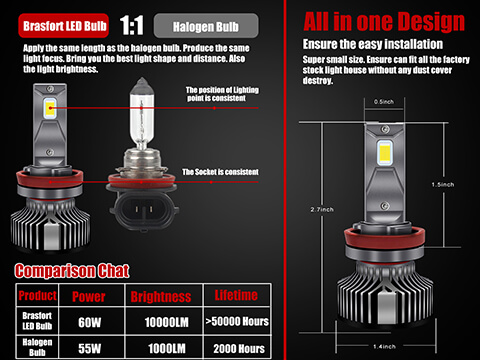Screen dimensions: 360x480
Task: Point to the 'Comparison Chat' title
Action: [79, 271]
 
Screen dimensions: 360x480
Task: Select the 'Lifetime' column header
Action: [236, 295]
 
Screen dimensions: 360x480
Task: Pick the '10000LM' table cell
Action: [165, 322]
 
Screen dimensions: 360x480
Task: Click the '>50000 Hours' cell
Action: [236, 322]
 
